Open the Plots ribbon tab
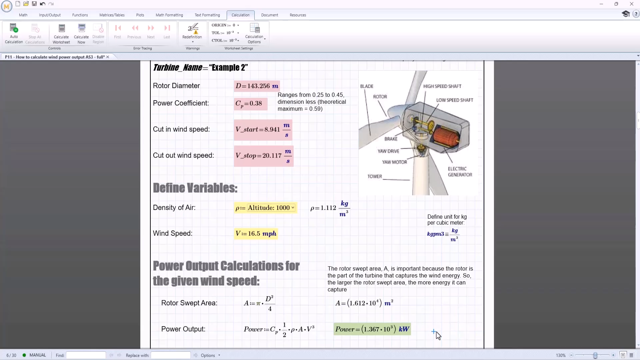140,15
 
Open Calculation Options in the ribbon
255,33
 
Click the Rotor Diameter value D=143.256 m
257,86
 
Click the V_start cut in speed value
263,130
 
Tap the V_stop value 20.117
263,156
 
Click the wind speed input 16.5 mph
256,234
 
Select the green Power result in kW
372,329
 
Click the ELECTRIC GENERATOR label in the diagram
460,172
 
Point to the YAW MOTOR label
394,162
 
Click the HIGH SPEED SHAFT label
442,86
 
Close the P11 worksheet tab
108,57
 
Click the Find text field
86,355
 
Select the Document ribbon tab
269,15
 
